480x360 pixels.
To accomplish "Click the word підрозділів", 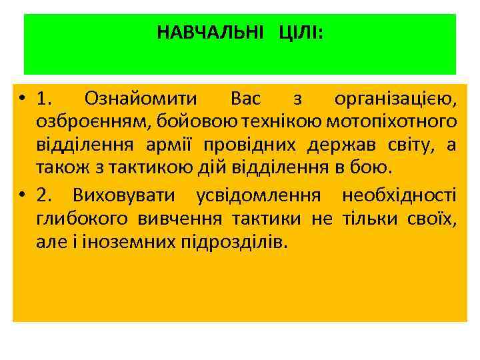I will point(234,241).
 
